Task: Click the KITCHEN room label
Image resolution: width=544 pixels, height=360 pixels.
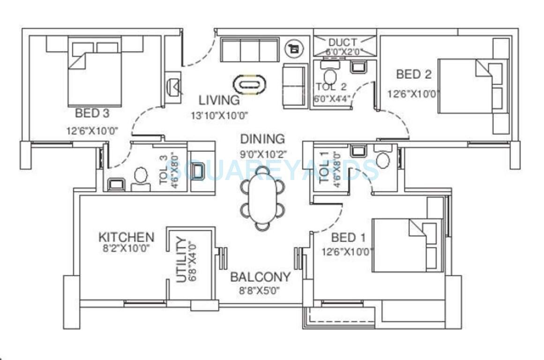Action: (x=126, y=237)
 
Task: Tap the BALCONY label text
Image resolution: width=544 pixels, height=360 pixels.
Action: (x=260, y=277)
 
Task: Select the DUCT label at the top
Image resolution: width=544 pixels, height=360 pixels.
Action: (x=342, y=43)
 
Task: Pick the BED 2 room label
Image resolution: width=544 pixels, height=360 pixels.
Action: (x=414, y=74)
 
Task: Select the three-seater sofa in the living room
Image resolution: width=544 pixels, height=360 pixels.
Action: (x=248, y=49)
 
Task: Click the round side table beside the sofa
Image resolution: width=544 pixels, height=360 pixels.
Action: (x=295, y=47)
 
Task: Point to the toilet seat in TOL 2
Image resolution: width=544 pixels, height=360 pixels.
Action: (x=331, y=76)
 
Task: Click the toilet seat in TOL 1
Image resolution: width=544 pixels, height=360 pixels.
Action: (x=383, y=159)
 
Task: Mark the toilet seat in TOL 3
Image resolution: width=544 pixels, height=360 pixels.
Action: (x=140, y=176)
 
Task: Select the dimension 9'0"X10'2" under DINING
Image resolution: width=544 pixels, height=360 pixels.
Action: (x=263, y=153)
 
